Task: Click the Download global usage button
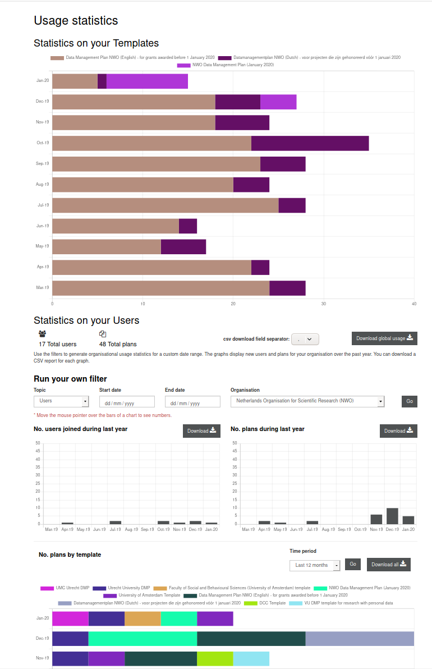pyautogui.click(x=384, y=338)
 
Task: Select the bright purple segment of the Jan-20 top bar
pyautogui.click(x=147, y=81)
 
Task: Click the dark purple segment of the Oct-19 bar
pyautogui.click(x=310, y=143)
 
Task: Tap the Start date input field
pyautogui.click(x=127, y=402)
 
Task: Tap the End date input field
pyautogui.click(x=192, y=402)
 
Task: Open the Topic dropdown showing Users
pyautogui.click(x=61, y=401)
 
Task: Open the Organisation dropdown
pyautogui.click(x=307, y=401)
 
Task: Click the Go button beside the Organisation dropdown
pyautogui.click(x=409, y=401)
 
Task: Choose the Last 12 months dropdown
pyautogui.click(x=315, y=565)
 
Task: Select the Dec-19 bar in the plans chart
pyautogui.click(x=392, y=516)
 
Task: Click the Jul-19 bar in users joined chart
pyautogui.click(x=116, y=523)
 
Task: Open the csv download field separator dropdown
pyautogui.click(x=305, y=339)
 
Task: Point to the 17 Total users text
pyautogui.click(x=57, y=344)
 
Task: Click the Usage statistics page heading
pyautogui.click(x=76, y=21)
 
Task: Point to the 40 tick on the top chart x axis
pyautogui.click(x=414, y=304)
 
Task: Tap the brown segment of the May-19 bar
pyautogui.click(x=107, y=246)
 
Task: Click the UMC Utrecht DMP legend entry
pyautogui.click(x=65, y=588)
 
